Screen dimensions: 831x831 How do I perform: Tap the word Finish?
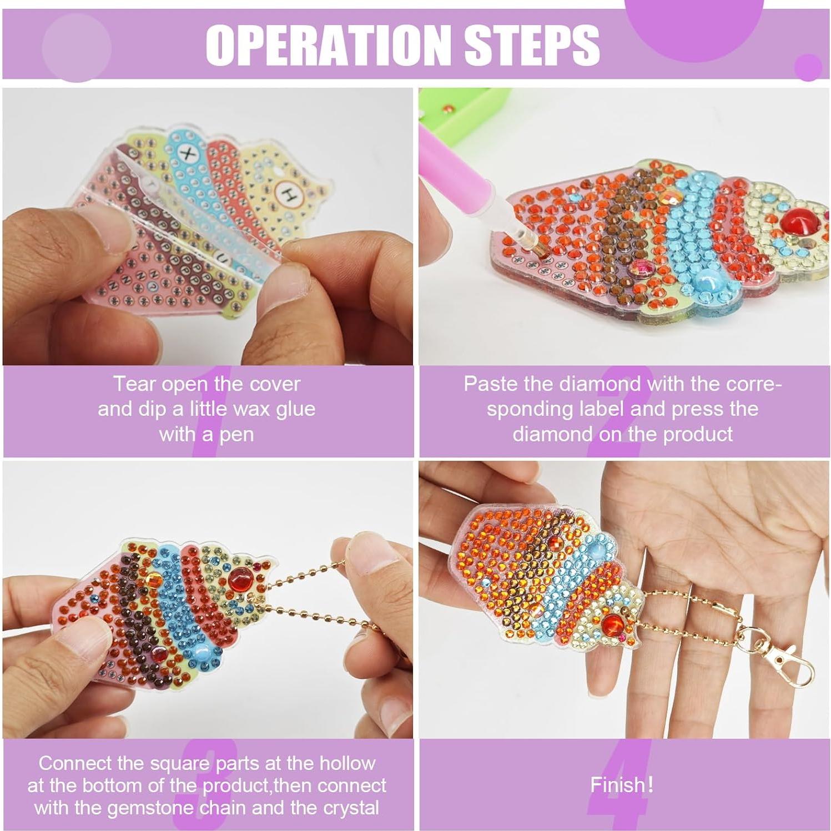tap(617, 785)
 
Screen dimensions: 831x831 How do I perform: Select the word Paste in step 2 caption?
tap(489, 384)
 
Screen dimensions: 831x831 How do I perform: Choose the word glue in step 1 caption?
tap(294, 409)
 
